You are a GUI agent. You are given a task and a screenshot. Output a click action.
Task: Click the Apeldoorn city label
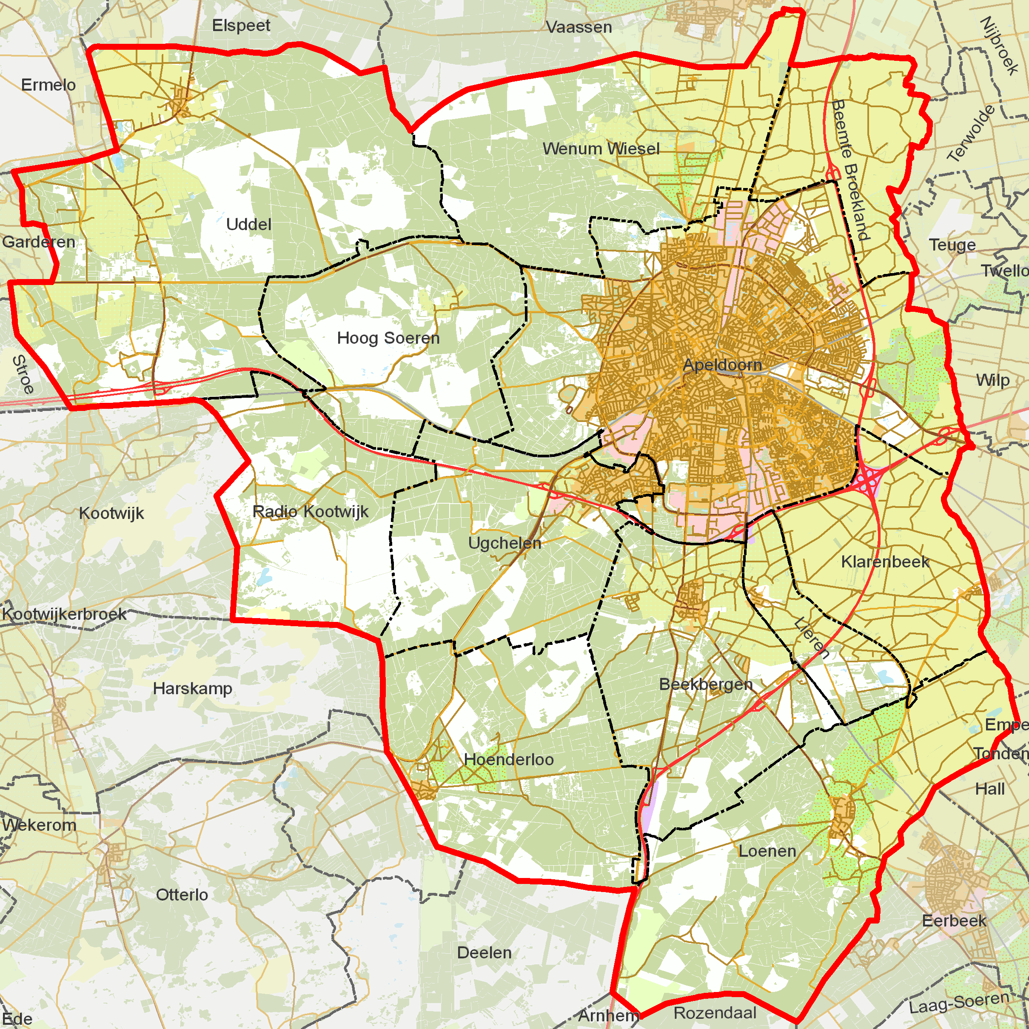click(x=722, y=365)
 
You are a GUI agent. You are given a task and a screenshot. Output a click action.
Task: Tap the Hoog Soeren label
click(x=388, y=338)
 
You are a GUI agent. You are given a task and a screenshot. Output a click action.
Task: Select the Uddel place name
click(x=249, y=224)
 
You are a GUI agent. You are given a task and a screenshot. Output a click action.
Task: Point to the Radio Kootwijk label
click(x=311, y=511)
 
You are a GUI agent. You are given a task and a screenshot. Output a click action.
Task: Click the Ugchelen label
click(x=505, y=543)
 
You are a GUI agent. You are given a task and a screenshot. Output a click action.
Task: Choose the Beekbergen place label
click(x=706, y=684)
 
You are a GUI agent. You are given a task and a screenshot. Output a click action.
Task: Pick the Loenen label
click(x=767, y=851)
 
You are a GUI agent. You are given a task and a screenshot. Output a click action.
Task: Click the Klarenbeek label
click(x=885, y=562)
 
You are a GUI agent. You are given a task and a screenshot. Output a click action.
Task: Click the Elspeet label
click(x=241, y=25)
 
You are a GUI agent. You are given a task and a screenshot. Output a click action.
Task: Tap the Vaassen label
click(x=579, y=27)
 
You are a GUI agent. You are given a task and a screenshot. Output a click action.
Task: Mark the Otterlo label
click(x=182, y=894)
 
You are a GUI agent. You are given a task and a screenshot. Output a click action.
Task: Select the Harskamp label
click(x=192, y=688)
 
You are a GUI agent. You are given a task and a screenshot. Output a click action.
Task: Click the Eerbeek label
click(x=954, y=921)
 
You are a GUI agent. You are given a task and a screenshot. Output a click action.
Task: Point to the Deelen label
click(x=484, y=952)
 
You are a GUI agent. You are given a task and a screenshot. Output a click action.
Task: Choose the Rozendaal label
click(x=715, y=1012)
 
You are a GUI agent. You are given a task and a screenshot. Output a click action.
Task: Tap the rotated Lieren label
click(x=811, y=638)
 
